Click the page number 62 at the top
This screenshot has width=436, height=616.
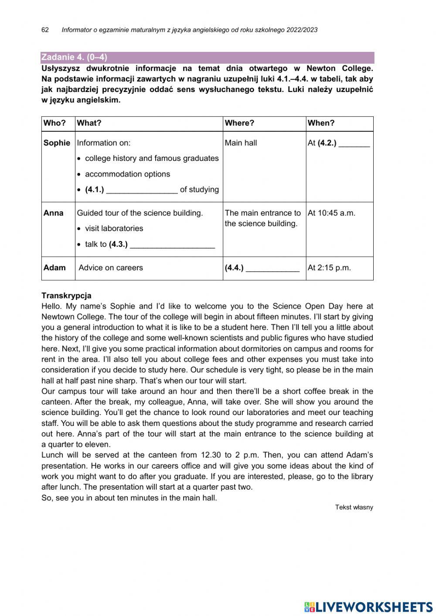coord(45,30)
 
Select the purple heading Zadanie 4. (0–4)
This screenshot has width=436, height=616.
coord(74,58)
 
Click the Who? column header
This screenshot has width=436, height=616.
coord(54,123)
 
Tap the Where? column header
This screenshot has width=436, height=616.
coord(239,123)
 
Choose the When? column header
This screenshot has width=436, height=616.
coord(321,123)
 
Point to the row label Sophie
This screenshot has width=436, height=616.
coord(57,143)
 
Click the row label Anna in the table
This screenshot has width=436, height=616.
coord(53,213)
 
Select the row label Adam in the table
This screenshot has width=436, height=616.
coord(54,268)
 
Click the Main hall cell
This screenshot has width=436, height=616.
coord(241,143)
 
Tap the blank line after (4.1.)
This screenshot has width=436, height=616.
coord(142,191)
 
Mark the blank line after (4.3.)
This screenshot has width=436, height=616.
coord(172,245)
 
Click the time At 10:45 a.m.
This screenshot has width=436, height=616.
coord(331,213)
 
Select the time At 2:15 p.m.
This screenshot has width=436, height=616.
coord(329,268)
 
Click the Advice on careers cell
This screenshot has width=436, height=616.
coord(111,268)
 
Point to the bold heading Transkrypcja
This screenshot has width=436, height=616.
coord(66,296)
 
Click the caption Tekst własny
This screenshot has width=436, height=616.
coord(354,507)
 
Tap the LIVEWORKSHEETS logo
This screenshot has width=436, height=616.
coord(368,606)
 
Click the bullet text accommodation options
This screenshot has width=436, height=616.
coord(127,174)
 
